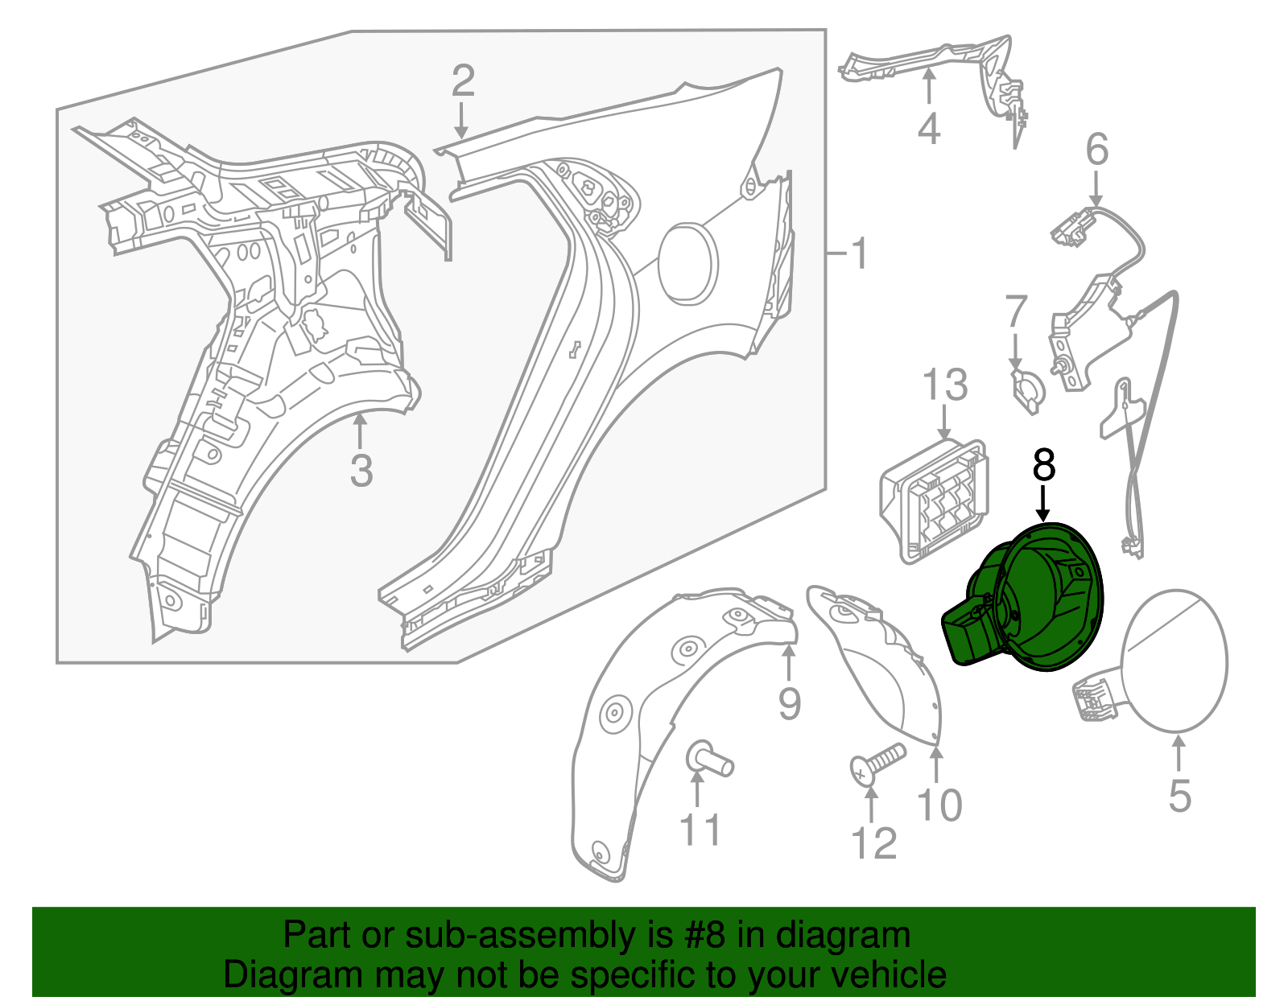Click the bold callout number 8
pyautogui.click(x=1044, y=465)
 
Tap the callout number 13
pyautogui.click(x=945, y=385)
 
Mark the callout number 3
pyautogui.click(x=361, y=470)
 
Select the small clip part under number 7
pyautogui.click(x=1028, y=390)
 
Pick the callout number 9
pyautogui.click(x=790, y=703)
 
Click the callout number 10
pyautogui.click(x=939, y=805)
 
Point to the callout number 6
pyautogui.click(x=1096, y=149)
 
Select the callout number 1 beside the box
pyautogui.click(x=860, y=253)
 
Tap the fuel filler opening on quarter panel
pyautogui.click(x=688, y=264)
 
